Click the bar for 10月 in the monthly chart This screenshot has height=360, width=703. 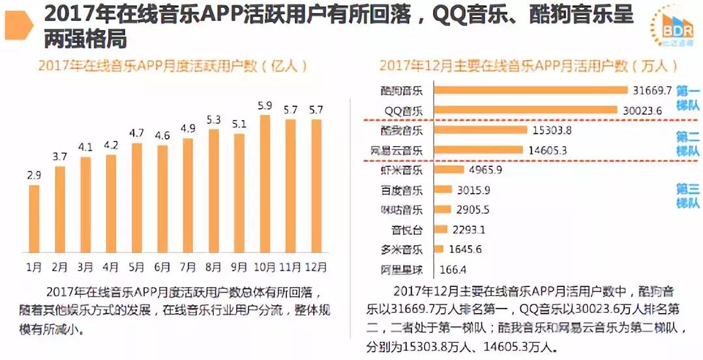(264, 186)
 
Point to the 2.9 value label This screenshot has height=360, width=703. (34, 175)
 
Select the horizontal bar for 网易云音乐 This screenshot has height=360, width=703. (478, 150)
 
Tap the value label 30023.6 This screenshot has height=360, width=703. (642, 111)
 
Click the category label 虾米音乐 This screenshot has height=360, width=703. (402, 170)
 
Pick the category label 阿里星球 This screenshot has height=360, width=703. (402, 269)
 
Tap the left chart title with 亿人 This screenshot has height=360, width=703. (172, 66)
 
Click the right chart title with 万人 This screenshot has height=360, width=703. (528, 66)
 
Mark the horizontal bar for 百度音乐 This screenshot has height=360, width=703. (443, 190)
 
